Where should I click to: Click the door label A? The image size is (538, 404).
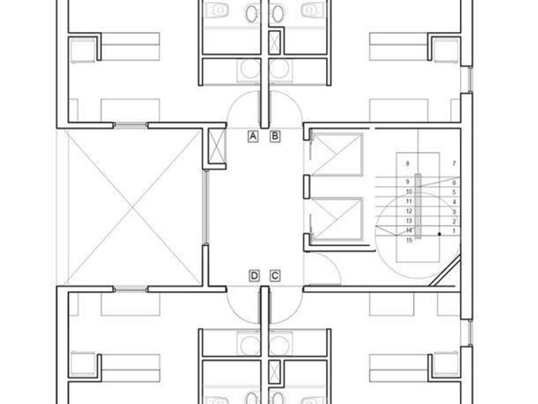click(x=253, y=136)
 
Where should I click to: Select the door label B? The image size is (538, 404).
click(x=275, y=136)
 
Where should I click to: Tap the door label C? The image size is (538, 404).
click(x=275, y=276)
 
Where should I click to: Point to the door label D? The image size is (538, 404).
click(x=254, y=276)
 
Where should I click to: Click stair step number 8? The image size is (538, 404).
click(x=407, y=164)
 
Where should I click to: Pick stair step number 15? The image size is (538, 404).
click(x=409, y=240)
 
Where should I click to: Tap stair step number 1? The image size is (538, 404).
click(x=453, y=230)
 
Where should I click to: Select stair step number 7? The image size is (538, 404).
click(x=453, y=164)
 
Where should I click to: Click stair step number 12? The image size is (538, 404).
click(x=408, y=211)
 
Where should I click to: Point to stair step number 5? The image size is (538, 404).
click(x=453, y=192)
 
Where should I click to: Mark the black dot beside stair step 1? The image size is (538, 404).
click(x=439, y=234)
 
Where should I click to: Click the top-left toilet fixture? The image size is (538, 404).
click(x=220, y=10)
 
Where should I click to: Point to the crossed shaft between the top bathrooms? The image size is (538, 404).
click(x=275, y=42)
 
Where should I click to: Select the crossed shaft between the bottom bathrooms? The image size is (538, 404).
click(x=275, y=372)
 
